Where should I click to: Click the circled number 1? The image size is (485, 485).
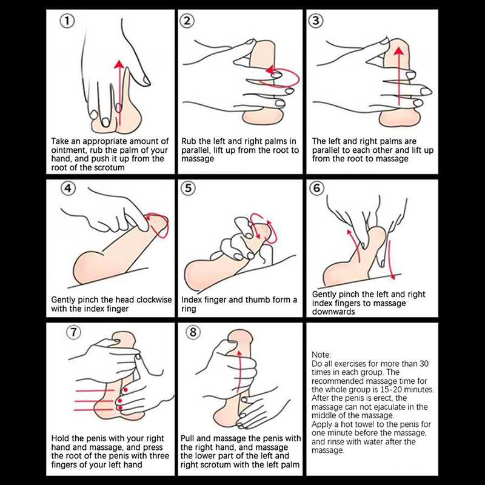67,21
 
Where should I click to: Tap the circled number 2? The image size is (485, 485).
187,21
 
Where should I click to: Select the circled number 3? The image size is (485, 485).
316,21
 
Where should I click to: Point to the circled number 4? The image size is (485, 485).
68,189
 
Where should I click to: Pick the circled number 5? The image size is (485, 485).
188,189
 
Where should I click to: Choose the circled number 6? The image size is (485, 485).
317,189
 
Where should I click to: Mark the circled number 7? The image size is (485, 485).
73,332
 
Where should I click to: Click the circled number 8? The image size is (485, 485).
193,332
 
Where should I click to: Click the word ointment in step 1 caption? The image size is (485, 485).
66,150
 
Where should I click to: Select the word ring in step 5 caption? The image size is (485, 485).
189,309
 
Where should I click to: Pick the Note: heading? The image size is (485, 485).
321,355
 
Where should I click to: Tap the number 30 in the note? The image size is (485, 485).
424,363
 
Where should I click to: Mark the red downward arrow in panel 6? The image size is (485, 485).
391,260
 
